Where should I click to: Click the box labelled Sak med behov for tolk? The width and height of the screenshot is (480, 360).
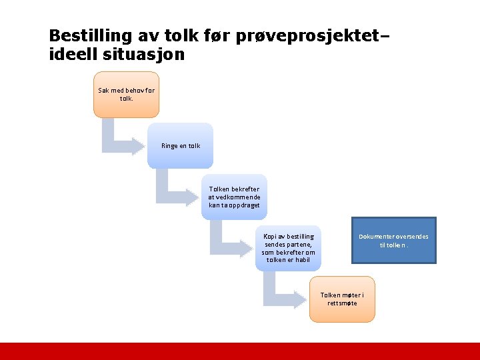pyautogui.click(x=126, y=95)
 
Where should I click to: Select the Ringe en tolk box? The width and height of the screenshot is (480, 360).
pyautogui.click(x=180, y=145)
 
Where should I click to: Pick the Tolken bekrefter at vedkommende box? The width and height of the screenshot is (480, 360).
pyautogui.click(x=234, y=197)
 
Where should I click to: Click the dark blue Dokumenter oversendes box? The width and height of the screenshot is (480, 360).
pyautogui.click(x=393, y=240)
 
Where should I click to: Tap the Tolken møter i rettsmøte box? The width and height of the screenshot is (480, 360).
pyautogui.click(x=342, y=299)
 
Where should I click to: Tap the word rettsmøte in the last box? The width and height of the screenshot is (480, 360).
pyautogui.click(x=342, y=303)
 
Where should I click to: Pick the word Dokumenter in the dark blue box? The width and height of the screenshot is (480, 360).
pyautogui.click(x=375, y=236)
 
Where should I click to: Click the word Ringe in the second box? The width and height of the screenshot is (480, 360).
pyautogui.click(x=169, y=146)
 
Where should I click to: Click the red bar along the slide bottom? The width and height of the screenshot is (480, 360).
pyautogui.click(x=240, y=351)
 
